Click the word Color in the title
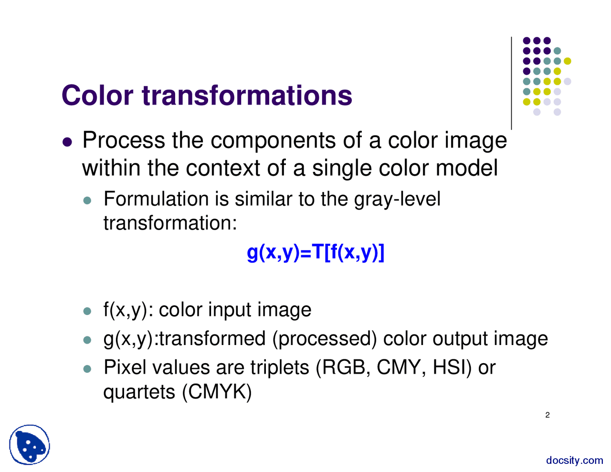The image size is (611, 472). pos(97,95)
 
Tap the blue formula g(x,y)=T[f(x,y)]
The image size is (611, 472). pos(316,252)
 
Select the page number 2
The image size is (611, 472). pos(548,415)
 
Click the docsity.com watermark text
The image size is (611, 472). pos(575,460)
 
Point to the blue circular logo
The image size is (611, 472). pos(29,445)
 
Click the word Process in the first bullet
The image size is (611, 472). pos(124,140)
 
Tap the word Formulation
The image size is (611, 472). pos(156,199)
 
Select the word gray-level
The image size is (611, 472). pos(397,199)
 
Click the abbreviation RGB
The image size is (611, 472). pos(346,367)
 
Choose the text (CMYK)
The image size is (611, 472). pos(217,392)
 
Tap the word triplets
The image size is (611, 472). pos(280,367)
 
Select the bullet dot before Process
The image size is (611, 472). pos(68,142)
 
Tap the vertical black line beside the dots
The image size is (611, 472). pos(511,83)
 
